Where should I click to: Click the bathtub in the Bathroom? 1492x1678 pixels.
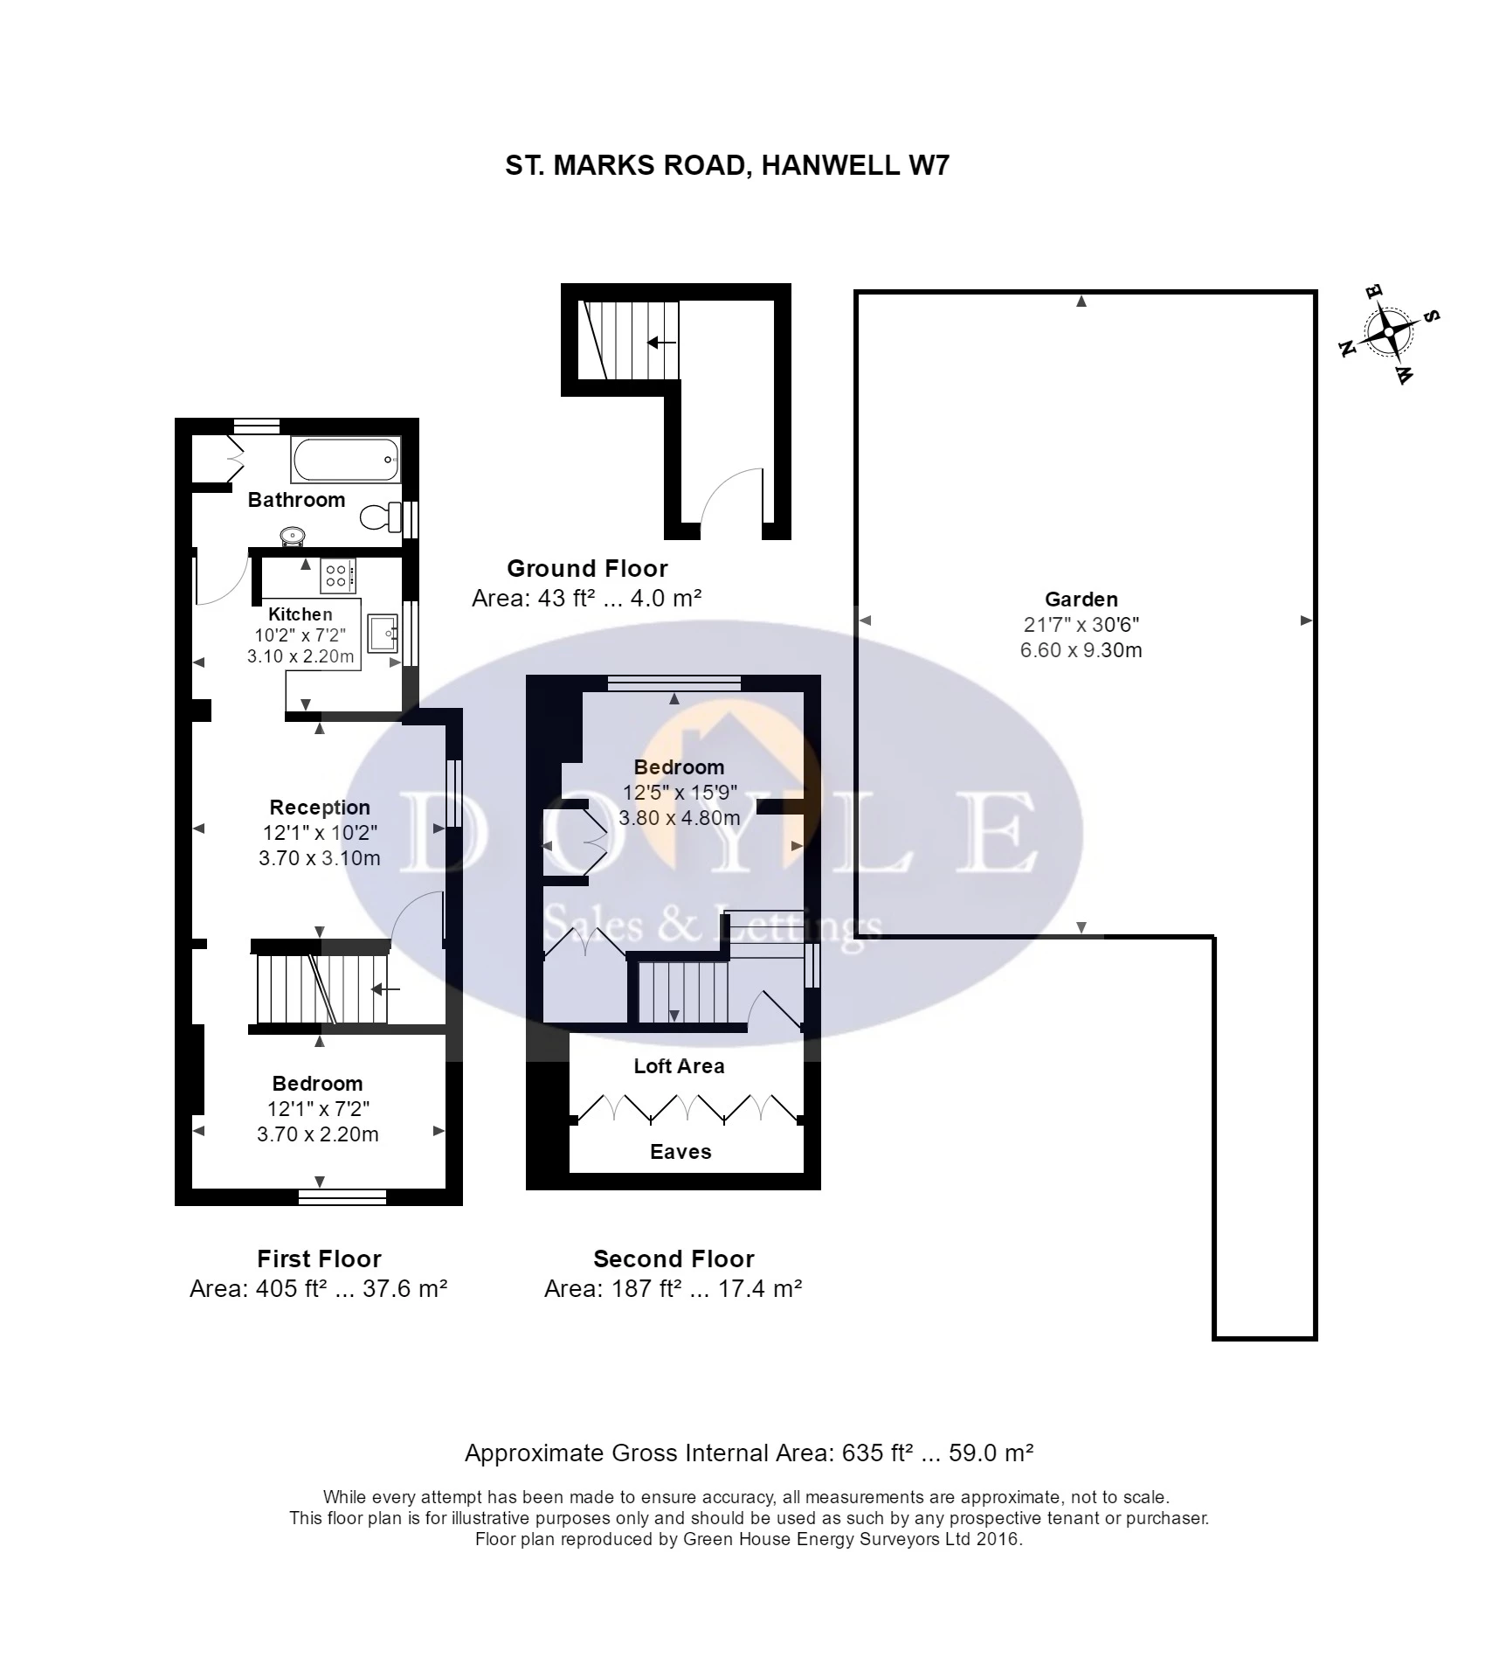tap(346, 460)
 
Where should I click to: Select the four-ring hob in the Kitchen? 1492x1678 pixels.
tap(337, 575)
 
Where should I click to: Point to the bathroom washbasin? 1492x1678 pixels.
tap(292, 535)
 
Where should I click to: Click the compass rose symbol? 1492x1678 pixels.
tap(1388, 333)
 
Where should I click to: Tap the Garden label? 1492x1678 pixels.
tap(1081, 600)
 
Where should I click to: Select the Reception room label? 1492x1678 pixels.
tap(320, 808)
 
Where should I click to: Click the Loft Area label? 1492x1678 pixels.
tap(679, 1066)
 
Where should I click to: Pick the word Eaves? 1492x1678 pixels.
tap(680, 1152)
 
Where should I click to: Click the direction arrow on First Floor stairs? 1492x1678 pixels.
tap(385, 990)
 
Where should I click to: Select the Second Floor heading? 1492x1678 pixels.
tap(673, 1259)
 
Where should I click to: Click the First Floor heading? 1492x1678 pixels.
tap(319, 1259)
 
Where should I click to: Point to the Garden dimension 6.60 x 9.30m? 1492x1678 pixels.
tap(1081, 650)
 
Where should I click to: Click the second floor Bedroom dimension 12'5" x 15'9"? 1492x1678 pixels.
tap(680, 793)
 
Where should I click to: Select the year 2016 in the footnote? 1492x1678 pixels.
tap(998, 1539)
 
